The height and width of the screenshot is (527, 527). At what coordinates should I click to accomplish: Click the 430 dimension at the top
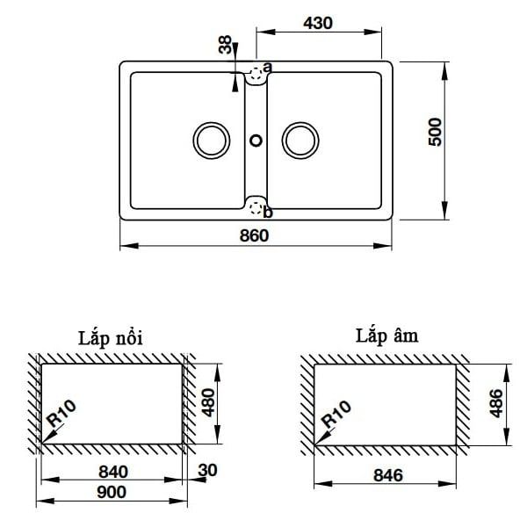(319, 24)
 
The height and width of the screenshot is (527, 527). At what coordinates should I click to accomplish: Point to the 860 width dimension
(254, 235)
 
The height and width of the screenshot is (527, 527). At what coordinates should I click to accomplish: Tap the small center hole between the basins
(256, 139)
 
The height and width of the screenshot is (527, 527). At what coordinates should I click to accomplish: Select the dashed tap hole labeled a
(256, 74)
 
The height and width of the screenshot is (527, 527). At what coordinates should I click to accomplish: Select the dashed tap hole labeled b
(256, 207)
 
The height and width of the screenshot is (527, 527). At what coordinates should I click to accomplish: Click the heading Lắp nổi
(110, 338)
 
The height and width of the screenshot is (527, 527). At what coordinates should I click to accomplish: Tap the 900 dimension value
(112, 493)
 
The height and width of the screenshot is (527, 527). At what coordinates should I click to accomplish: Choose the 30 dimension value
(208, 472)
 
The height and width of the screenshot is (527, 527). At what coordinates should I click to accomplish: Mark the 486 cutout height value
(495, 404)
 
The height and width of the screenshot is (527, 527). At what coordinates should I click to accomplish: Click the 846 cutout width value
(386, 475)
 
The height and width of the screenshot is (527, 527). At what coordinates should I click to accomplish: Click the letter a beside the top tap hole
(267, 67)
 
